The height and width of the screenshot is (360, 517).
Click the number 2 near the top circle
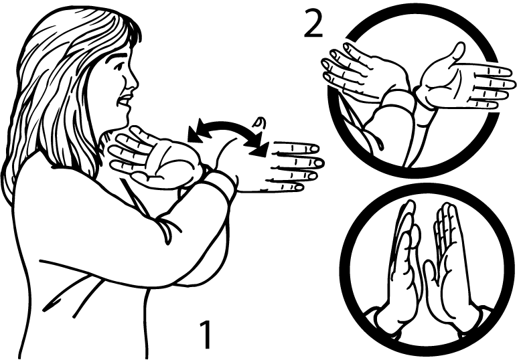pyautogui.click(x=313, y=23)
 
